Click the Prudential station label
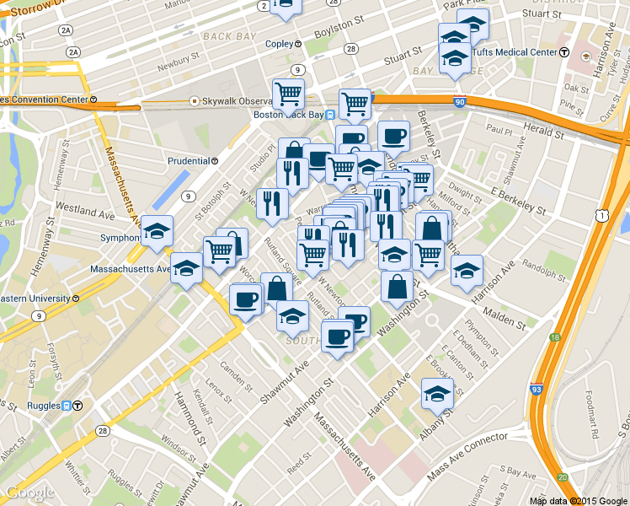(x=188, y=160)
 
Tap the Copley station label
(x=276, y=43)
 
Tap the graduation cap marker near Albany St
(x=436, y=393)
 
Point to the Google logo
(x=29, y=492)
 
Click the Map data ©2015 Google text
(x=579, y=500)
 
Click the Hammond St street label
(x=190, y=406)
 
